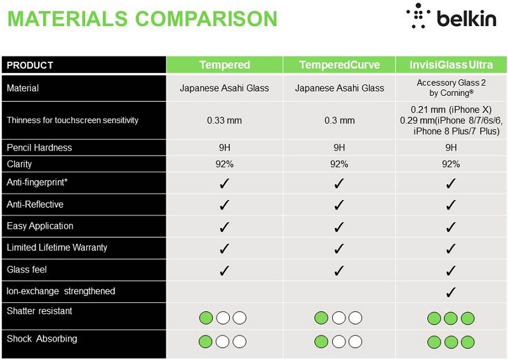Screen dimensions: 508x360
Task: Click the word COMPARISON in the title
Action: (x=206, y=19)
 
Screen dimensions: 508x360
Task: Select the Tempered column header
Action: (x=225, y=65)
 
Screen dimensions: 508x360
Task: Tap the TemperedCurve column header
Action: (x=339, y=65)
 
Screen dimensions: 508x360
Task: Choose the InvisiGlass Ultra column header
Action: (x=451, y=65)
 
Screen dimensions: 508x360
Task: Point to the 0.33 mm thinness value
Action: (x=224, y=121)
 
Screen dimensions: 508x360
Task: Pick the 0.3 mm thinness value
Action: (x=339, y=121)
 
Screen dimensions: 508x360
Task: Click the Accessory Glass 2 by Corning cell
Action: (x=451, y=88)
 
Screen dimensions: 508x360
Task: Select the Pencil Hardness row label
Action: (x=39, y=148)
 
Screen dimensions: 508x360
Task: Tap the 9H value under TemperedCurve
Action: (x=339, y=148)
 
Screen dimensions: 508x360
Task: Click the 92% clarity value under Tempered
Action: (x=224, y=164)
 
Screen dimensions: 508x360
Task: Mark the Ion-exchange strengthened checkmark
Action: (x=451, y=292)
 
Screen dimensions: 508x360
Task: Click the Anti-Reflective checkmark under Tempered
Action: (x=224, y=205)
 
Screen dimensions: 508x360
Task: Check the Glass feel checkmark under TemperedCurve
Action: (x=339, y=270)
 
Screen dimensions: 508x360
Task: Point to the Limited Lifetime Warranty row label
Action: (x=57, y=248)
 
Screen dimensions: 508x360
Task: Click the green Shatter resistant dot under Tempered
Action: (x=206, y=318)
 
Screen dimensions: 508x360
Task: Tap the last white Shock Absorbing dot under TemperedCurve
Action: (x=355, y=342)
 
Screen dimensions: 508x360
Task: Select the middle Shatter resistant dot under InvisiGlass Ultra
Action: (x=451, y=318)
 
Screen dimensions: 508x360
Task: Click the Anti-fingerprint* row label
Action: (x=37, y=182)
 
